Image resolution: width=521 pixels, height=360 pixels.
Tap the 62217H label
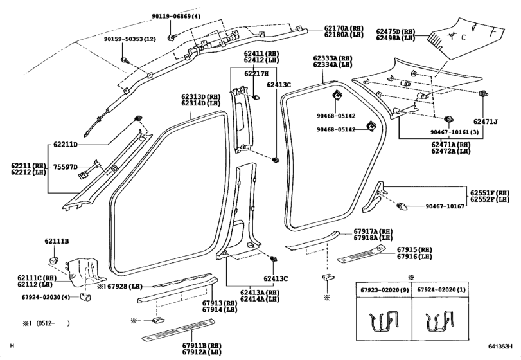point(256,73)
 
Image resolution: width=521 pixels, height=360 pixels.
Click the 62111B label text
point(57,241)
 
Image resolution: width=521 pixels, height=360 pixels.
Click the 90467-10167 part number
point(445,206)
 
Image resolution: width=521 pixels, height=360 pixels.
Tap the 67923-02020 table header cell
point(384,289)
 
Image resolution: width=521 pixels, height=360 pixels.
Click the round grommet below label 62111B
point(54,259)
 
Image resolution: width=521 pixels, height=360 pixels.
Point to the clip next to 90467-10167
point(403,206)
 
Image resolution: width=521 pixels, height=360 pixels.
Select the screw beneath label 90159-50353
point(125,60)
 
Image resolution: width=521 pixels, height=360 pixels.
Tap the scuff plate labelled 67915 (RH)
point(362,253)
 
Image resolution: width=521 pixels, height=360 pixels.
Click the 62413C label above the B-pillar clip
point(279,85)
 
